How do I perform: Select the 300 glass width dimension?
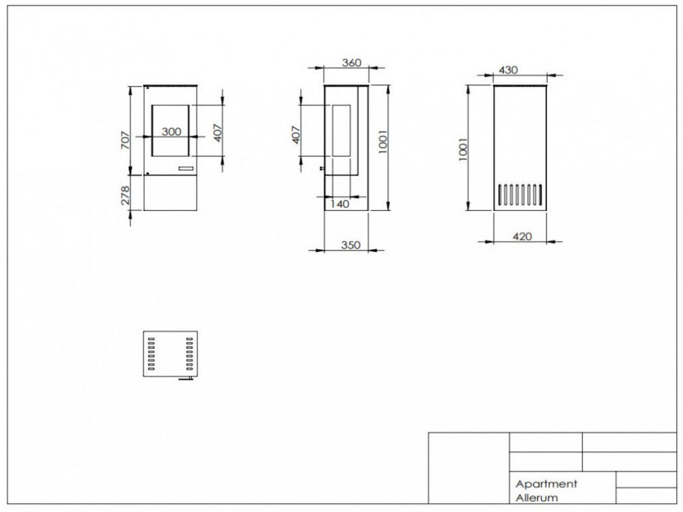point(171,132)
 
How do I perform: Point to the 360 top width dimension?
point(351,63)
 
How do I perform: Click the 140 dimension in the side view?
point(339,203)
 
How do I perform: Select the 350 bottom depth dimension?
point(350,245)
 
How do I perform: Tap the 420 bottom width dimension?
point(520,236)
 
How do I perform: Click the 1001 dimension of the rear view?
point(463,148)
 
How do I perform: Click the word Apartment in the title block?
point(546,483)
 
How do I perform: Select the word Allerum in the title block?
point(537,498)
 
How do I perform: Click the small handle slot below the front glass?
point(185,167)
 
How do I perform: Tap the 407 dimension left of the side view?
point(295,134)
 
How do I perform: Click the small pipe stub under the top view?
point(185,379)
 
